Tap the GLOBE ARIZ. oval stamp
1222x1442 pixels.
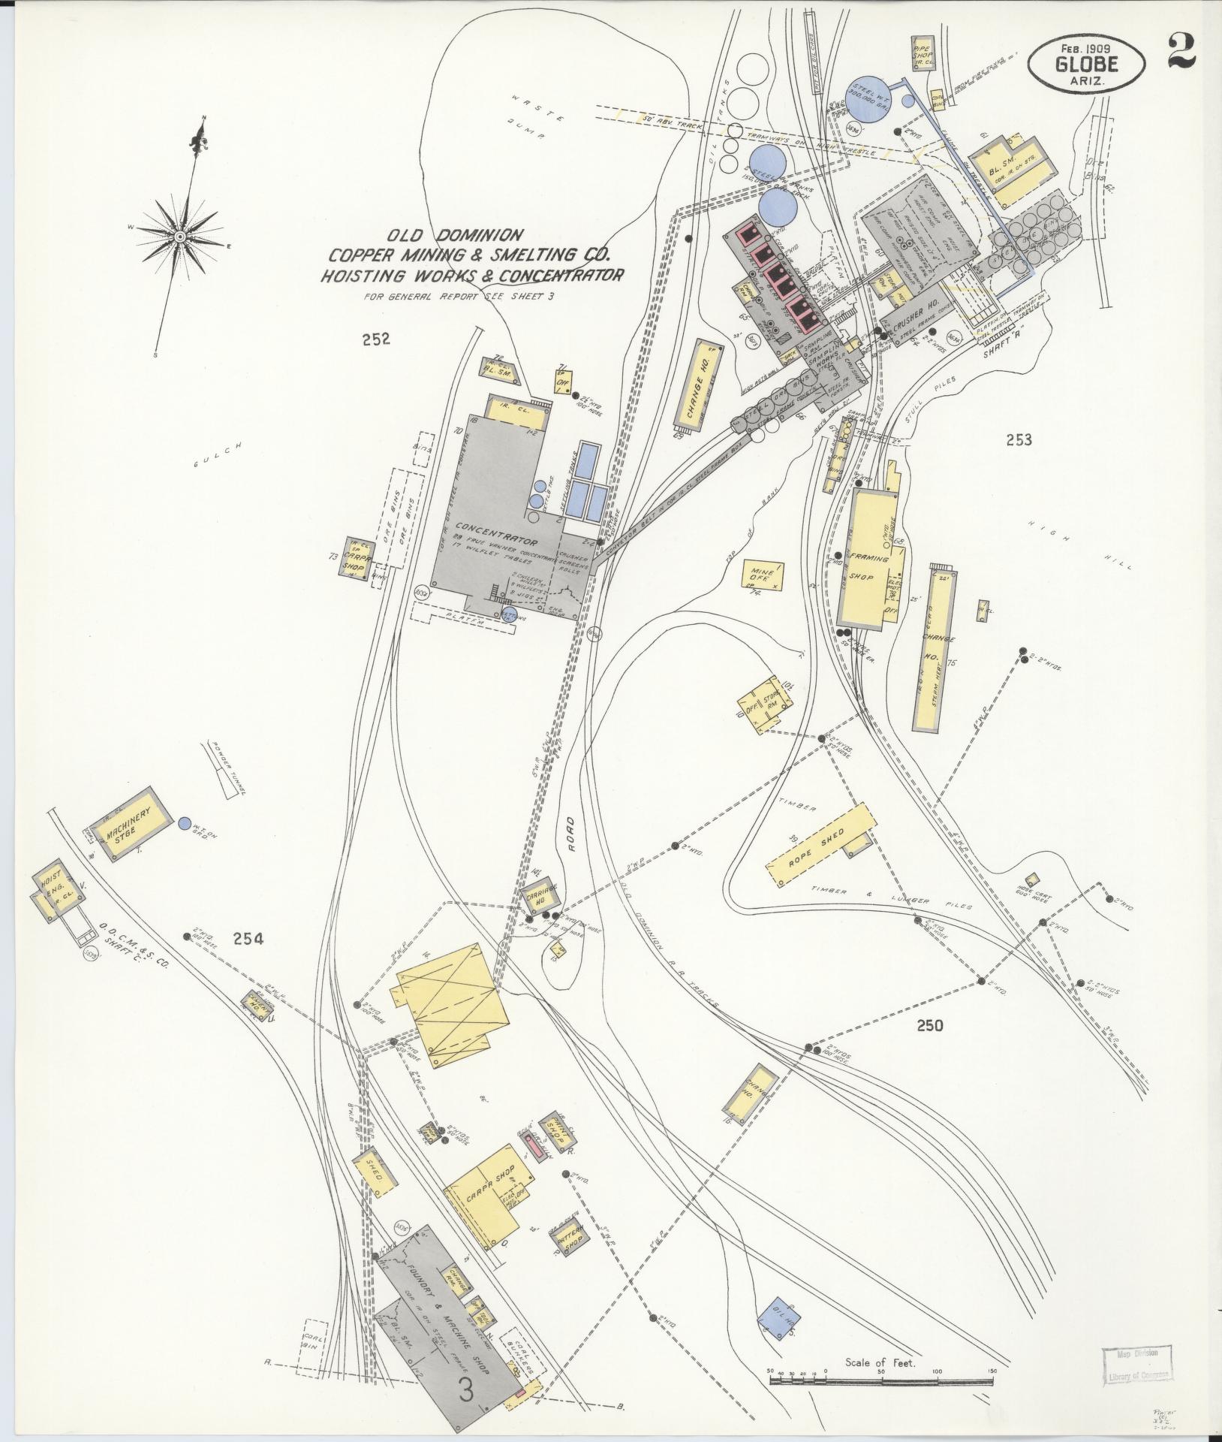(x=1086, y=65)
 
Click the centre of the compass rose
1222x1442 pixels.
(x=180, y=237)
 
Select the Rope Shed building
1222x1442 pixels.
(x=819, y=849)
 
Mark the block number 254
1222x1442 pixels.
(x=248, y=937)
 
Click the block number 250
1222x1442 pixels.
(x=929, y=1025)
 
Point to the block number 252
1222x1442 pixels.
(x=375, y=339)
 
